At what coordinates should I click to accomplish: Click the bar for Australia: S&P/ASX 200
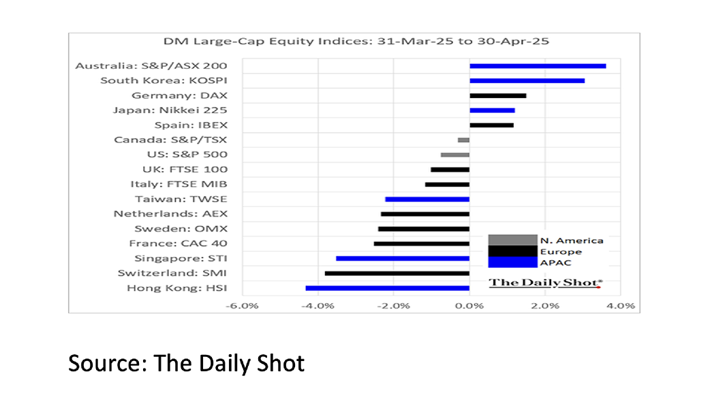pos(538,66)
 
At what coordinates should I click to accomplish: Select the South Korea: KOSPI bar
pos(527,80)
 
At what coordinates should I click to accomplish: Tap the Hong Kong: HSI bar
pos(387,288)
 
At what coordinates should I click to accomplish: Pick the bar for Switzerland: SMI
pos(397,273)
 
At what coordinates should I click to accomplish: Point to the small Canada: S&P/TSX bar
pos(463,140)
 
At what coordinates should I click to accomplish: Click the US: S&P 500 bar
pos(455,155)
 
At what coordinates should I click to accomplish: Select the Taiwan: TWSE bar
pos(427,199)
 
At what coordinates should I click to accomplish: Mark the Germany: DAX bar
pos(497,95)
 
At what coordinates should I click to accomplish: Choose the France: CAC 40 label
pos(178,243)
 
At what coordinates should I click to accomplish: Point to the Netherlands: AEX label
pos(170,214)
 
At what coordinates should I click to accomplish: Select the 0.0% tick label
pos(469,306)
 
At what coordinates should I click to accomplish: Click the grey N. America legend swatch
pos(512,240)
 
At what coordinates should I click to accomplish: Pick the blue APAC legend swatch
pos(512,262)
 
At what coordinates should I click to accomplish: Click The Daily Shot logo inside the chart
pos(545,282)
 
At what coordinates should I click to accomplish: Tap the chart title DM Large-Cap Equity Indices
pos(352,41)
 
